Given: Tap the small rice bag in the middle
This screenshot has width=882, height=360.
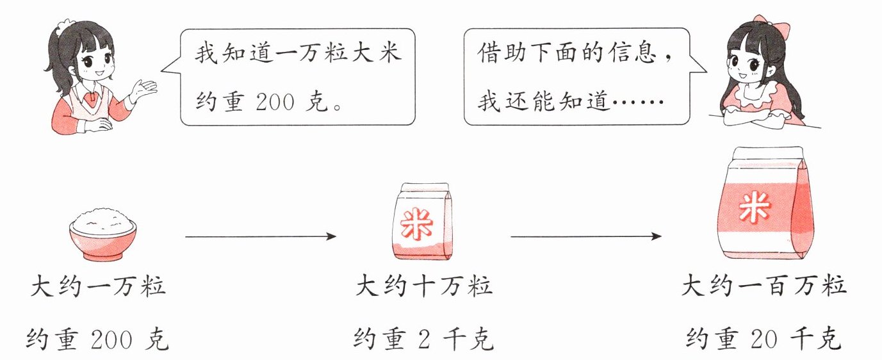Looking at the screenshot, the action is click(420, 222).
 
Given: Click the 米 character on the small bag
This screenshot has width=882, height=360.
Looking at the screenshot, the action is click(416, 225).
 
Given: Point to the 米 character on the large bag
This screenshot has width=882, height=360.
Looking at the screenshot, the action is click(753, 208).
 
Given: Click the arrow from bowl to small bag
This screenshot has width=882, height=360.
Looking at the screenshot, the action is click(260, 237).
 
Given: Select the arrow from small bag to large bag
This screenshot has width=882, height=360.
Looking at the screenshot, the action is click(585, 237).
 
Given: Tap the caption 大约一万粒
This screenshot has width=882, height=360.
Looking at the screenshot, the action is click(98, 286).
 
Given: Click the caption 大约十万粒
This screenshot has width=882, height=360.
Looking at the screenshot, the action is click(424, 286).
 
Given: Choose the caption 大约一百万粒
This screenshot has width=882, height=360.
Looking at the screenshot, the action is click(764, 286).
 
